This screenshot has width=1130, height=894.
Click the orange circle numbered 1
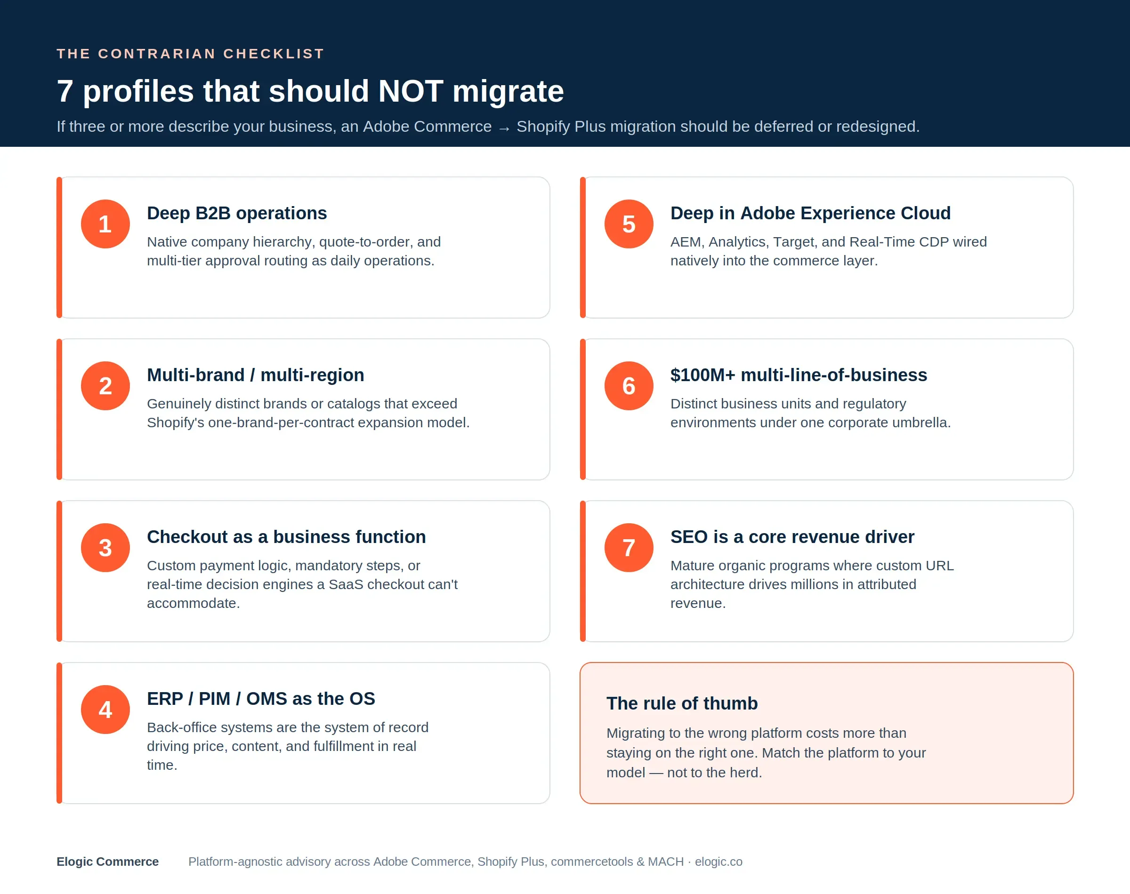105,224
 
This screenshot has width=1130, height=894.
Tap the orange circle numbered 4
105,709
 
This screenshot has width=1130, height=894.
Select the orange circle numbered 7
629,548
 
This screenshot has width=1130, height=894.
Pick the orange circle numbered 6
629,386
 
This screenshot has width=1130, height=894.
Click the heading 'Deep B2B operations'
237,213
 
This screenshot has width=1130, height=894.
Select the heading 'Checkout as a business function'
286,536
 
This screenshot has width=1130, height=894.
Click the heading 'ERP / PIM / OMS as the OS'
261,698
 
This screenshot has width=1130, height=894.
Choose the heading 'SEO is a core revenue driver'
792,536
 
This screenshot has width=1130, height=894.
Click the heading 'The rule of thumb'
682,703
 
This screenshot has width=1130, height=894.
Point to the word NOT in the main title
411,91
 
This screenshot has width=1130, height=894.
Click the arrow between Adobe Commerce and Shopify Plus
504,128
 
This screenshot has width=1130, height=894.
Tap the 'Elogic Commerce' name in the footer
107,862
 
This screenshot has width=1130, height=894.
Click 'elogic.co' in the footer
718,862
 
